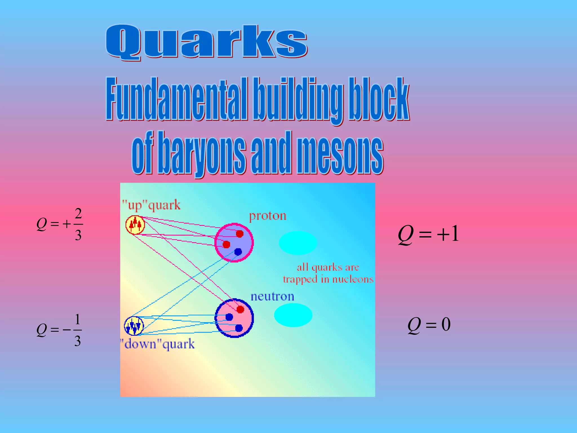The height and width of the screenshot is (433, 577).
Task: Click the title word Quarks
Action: tap(206, 42)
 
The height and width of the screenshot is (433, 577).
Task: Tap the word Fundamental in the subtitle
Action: tap(177, 99)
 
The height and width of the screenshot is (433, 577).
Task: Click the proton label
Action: tap(268, 216)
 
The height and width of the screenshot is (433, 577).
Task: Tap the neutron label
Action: tap(272, 297)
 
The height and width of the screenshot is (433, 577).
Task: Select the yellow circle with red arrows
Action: tap(135, 225)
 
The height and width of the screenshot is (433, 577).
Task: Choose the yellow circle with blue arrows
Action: tap(134, 326)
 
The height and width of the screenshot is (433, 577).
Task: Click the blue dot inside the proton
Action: tap(238, 252)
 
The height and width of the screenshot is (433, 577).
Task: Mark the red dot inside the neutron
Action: tap(240, 309)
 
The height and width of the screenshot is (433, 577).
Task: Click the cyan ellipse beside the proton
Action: tap(298, 243)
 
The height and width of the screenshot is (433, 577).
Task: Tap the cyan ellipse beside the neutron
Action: tap(293, 315)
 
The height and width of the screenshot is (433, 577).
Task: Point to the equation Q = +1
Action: tap(429, 235)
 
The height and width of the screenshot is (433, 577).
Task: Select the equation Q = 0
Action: tap(429, 325)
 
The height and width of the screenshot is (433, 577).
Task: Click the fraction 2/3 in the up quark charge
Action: tap(78, 224)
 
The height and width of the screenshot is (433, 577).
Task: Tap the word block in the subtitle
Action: tap(378, 99)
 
